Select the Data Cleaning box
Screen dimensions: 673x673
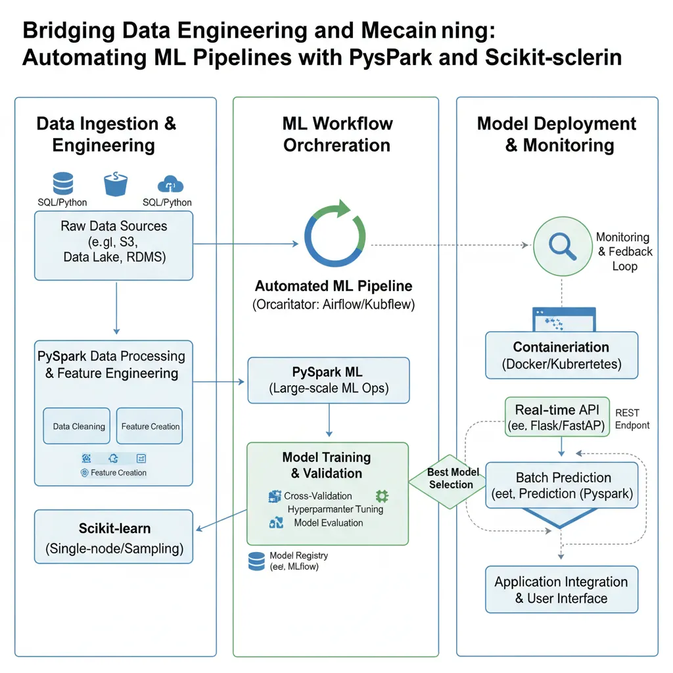pyautogui.click(x=79, y=427)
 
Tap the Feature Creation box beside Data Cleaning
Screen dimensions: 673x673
pyautogui.click(x=151, y=427)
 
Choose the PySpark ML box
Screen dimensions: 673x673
pyautogui.click(x=329, y=380)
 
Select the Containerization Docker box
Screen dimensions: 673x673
pyautogui.click(x=561, y=355)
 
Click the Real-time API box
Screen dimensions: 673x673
pyautogui.click(x=557, y=417)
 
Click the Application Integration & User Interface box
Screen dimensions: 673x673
pyautogui.click(x=561, y=590)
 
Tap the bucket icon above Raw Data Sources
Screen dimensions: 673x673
pyautogui.click(x=114, y=183)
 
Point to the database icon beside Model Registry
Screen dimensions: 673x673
pyautogui.click(x=256, y=561)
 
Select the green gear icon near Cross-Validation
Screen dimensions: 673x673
pyautogui.click(x=381, y=496)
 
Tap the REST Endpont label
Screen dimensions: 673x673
pyautogui.click(x=632, y=419)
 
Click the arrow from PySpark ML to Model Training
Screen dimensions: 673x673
pyautogui.click(x=329, y=421)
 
